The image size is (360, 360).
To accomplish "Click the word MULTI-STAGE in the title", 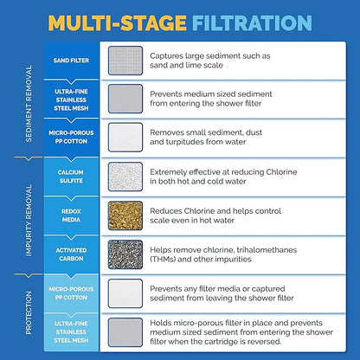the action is coord(118,22).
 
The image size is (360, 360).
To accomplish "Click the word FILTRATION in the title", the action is coord(252,22).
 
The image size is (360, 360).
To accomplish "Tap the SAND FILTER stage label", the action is coord(71,61).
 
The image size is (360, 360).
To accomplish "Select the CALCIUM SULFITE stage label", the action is coord(71,177).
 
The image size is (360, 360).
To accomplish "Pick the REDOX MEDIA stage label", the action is coord(71,215).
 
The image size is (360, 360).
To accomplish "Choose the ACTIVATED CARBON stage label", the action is coord(71,254).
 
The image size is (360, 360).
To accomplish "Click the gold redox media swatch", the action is coord(125,215).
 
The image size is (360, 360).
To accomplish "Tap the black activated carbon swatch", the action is coord(125,254).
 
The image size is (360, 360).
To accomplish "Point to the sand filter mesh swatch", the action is coord(125,61).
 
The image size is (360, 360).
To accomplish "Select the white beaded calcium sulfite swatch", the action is coord(125,177).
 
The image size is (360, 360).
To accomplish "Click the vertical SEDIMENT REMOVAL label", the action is coord(29,103).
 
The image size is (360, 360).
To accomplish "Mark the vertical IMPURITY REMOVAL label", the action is coord(29,221).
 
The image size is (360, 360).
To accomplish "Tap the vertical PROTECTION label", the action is coord(29,312).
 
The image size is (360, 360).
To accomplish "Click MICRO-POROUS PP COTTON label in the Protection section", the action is coord(71,293).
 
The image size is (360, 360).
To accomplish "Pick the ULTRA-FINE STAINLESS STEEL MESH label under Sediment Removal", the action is coord(71,100).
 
